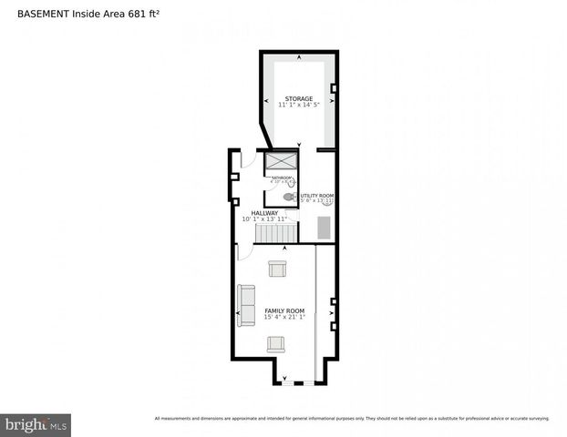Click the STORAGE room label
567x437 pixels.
[x=298, y=98]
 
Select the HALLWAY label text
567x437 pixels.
[x=264, y=213]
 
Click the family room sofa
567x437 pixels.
[x=247, y=305]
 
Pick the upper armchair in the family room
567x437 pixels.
[x=277, y=269]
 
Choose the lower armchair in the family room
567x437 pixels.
[x=277, y=343]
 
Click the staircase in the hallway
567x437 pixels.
[x=273, y=234]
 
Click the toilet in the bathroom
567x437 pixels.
[x=289, y=196]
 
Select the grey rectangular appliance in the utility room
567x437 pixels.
[x=324, y=227]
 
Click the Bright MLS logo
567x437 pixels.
[x=36, y=424]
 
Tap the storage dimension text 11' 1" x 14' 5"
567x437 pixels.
[x=298, y=106]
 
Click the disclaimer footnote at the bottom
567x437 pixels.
[x=352, y=419]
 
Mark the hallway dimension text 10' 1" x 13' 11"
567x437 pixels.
[x=264, y=219]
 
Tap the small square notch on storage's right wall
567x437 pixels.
[x=334, y=88]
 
